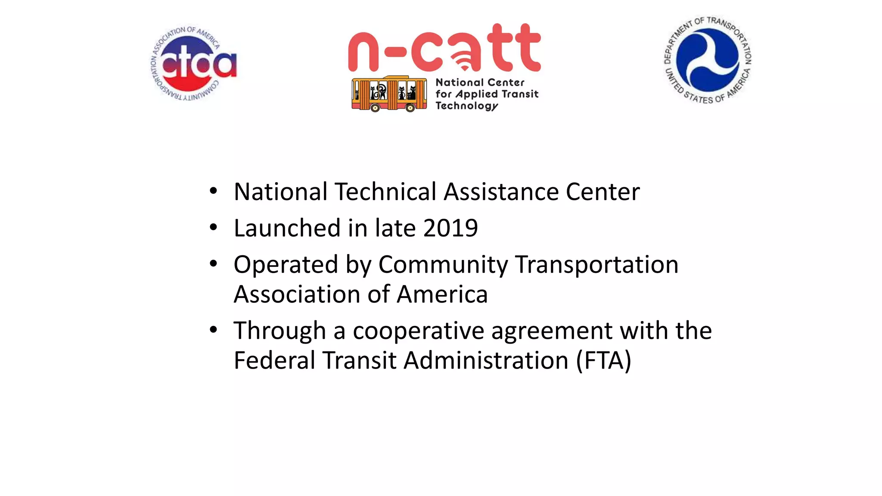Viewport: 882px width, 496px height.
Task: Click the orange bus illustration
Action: coord(389,94)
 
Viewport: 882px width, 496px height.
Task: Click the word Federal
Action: coord(274,360)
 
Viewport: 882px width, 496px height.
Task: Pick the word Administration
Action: coord(486,360)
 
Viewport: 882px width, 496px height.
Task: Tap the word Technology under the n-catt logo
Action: coord(466,106)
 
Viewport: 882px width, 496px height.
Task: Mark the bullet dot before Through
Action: coord(213,330)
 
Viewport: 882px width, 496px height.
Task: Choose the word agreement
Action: coord(552,331)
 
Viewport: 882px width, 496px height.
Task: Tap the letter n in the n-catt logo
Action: coord(363,52)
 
